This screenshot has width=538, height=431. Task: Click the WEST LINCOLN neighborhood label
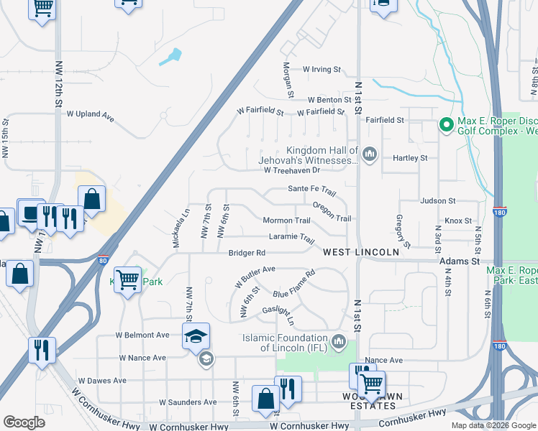(360, 252)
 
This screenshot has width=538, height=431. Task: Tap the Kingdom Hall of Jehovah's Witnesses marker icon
(370, 154)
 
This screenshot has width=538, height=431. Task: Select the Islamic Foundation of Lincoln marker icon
(339, 340)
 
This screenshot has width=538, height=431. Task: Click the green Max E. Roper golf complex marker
(446, 126)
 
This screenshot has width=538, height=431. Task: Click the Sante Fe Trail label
(312, 189)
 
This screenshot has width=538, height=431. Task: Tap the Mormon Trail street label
(286, 221)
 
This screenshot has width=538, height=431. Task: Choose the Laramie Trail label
(292, 238)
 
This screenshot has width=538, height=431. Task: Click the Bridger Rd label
(247, 253)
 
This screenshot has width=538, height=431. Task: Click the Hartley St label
(409, 157)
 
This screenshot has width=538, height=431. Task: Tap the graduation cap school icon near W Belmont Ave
(196, 335)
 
